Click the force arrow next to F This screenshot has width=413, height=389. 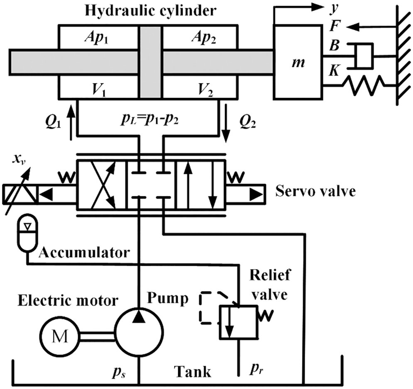tap(365, 27)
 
